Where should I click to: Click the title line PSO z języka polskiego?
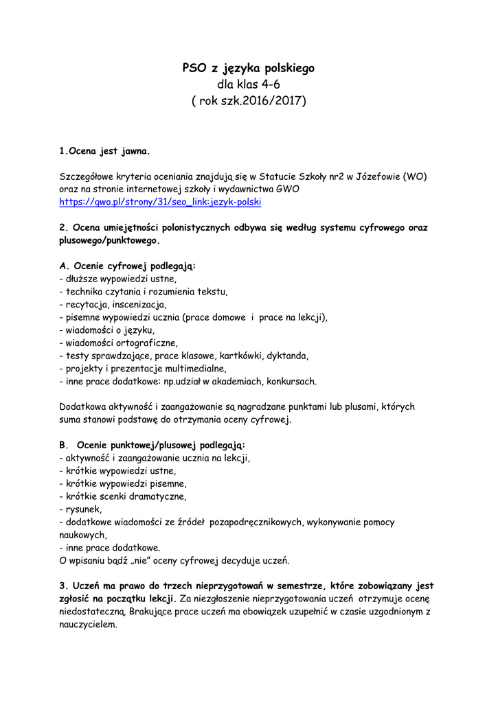pos(248,68)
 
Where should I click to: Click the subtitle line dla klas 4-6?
pos(248,84)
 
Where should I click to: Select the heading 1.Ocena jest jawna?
pos(104,150)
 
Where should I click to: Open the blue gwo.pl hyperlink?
pos(160,202)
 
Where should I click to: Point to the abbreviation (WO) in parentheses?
pos(414,176)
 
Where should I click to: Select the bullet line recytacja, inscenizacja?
pos(113,304)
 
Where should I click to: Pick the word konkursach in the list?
pos(291,381)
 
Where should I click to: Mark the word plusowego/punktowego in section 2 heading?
pos(109,240)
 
